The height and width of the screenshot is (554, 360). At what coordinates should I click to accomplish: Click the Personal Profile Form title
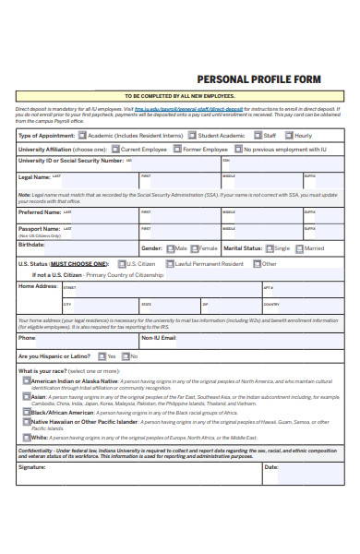[259, 79]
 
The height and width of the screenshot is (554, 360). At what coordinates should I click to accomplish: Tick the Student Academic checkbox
[192, 135]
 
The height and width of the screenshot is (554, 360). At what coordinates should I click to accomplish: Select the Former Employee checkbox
[176, 148]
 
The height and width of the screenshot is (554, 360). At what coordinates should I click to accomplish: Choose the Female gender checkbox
[194, 248]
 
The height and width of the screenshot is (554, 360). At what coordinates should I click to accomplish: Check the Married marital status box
[299, 248]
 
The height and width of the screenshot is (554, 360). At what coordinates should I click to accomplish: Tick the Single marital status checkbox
[269, 248]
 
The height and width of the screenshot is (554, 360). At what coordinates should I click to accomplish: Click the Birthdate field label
[31, 245]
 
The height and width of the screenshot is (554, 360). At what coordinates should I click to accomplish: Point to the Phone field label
[27, 338]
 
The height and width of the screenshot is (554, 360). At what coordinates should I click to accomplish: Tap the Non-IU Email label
[158, 338]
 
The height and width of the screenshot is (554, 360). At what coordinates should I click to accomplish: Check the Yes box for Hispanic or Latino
[101, 356]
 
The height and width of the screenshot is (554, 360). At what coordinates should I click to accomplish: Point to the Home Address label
[38, 286]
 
